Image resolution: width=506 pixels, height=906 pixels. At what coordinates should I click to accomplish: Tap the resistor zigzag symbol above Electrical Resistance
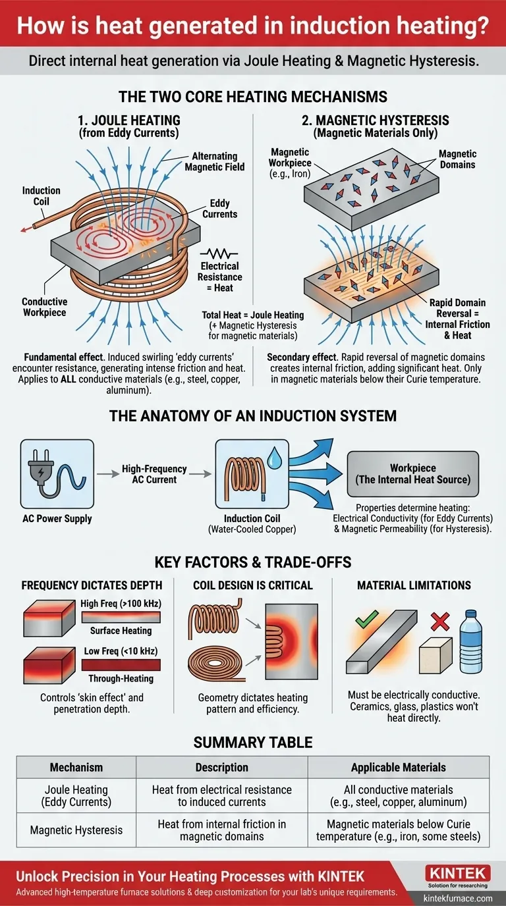point(220,253)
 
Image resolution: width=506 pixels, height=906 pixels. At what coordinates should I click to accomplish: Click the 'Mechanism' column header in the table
point(76,767)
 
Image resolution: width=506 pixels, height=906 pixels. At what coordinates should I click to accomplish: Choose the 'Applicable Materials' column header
point(398,767)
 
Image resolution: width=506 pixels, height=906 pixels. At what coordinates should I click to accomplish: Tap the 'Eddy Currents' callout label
point(219,209)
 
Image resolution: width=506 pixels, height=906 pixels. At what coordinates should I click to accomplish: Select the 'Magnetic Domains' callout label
point(457,159)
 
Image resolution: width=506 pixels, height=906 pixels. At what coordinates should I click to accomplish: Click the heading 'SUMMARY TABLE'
point(253,743)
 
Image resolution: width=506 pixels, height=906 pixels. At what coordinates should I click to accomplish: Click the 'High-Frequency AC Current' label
point(154,474)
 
